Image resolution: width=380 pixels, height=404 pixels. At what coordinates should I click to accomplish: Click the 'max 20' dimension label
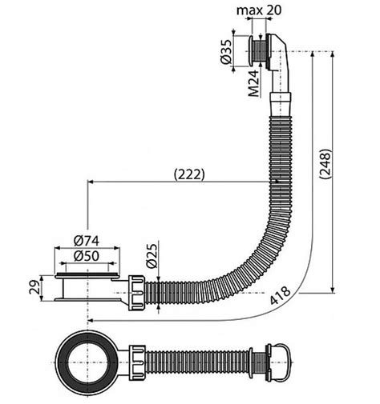pyautogui.click(x=259, y=10)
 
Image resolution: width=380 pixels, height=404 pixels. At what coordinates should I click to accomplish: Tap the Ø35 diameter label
pyautogui.click(x=226, y=52)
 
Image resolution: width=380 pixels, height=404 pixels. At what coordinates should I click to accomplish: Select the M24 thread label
pyautogui.click(x=253, y=83)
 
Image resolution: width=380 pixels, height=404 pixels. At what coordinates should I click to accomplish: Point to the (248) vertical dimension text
pyautogui.click(x=325, y=164)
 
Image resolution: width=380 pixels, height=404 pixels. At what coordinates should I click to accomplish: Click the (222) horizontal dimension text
pyautogui.click(x=189, y=174)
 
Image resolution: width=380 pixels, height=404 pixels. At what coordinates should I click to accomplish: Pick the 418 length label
pyautogui.click(x=280, y=295)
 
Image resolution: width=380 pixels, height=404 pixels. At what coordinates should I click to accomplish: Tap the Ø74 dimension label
pyautogui.click(x=87, y=241)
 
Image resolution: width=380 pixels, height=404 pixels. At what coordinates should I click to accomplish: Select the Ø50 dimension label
pyautogui.click(x=87, y=256)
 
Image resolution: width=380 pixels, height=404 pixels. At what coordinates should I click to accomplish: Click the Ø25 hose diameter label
pyautogui.click(x=152, y=255)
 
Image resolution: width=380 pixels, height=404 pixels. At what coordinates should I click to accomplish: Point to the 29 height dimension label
pyautogui.click(x=34, y=287)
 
